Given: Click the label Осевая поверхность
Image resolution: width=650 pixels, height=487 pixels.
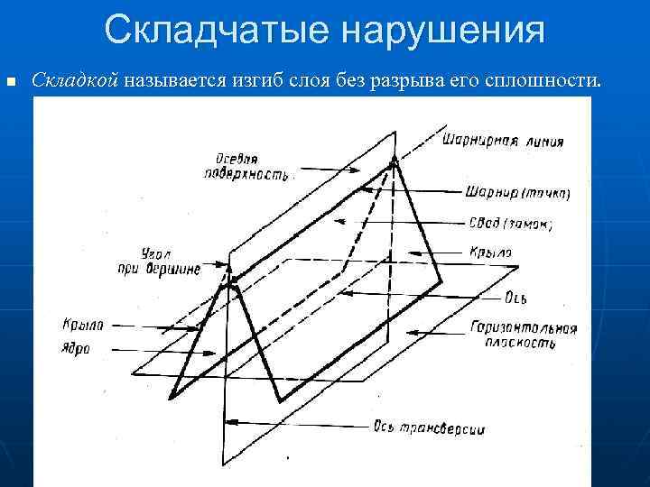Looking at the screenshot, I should pos(246,167).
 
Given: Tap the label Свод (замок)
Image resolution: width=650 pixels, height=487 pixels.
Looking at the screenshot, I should pos(511,222).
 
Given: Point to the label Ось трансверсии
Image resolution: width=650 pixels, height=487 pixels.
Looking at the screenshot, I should pos(428,428).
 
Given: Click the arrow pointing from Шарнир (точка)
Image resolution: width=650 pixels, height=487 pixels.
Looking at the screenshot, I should pos(412,189).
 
